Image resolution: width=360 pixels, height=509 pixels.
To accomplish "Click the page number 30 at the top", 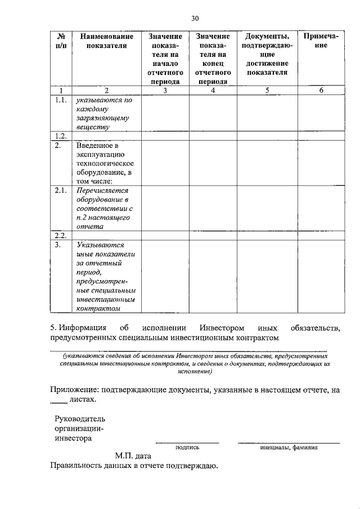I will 195,18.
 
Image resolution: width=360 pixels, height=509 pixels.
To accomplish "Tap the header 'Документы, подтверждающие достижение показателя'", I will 267,55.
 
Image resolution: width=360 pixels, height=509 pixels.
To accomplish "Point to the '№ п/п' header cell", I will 61,41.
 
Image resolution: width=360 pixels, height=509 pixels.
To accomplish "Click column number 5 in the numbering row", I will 267,90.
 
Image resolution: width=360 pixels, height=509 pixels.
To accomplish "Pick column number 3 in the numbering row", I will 165,90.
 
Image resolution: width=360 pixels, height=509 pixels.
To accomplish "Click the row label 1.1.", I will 61,100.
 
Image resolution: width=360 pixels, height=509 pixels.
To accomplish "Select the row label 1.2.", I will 61,136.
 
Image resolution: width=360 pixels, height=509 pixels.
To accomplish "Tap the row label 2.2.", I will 61,235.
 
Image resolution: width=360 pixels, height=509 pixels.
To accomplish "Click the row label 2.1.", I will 61,191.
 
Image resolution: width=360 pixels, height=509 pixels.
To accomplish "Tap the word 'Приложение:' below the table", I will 74,389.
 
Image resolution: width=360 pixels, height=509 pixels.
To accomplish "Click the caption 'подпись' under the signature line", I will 187,448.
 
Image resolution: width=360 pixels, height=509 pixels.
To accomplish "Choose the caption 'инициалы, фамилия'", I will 289,448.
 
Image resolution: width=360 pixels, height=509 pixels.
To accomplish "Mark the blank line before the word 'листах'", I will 58,402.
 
